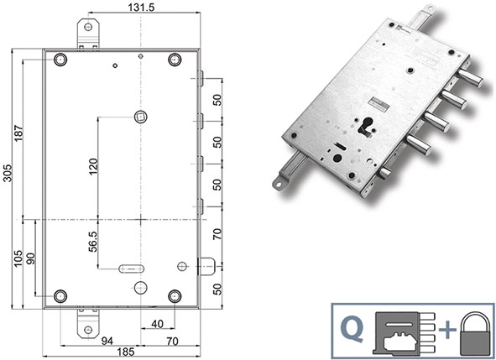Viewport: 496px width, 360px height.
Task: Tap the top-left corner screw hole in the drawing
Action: pos(60,60)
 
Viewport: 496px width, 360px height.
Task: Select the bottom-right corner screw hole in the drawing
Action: pos(175,295)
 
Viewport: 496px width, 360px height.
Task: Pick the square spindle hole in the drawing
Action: pos(140,116)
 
